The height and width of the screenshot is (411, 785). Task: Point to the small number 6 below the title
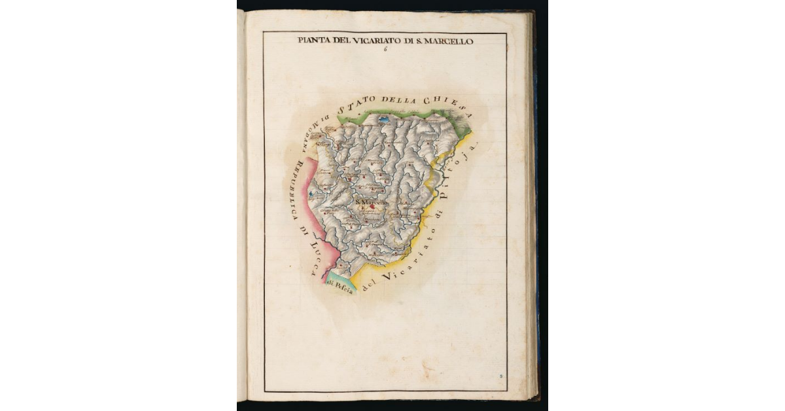click(x=385, y=50)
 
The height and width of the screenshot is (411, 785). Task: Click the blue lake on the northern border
click(x=383, y=120)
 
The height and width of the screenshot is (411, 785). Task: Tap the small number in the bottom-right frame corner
click(x=500, y=376)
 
